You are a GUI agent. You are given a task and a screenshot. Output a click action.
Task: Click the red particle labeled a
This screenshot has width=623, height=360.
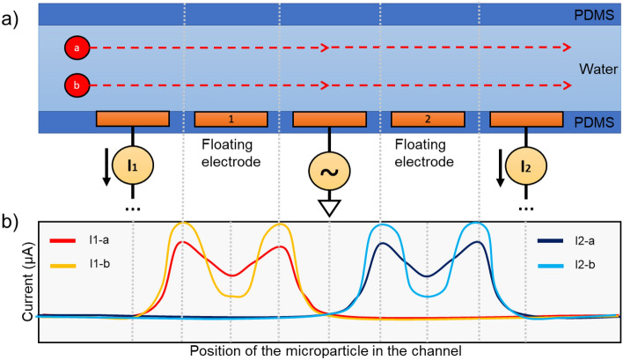[x=76, y=48]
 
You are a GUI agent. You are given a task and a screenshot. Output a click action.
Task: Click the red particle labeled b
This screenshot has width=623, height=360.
[x=76, y=86]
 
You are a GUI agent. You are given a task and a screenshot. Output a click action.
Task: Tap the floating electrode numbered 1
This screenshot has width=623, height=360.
[x=231, y=119]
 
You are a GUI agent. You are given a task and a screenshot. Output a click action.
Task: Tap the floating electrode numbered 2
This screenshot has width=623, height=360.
[x=427, y=119]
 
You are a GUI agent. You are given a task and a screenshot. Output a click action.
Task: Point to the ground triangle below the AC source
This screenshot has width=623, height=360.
[x=329, y=208]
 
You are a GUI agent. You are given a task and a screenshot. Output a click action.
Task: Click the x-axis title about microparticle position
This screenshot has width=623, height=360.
[x=325, y=350]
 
